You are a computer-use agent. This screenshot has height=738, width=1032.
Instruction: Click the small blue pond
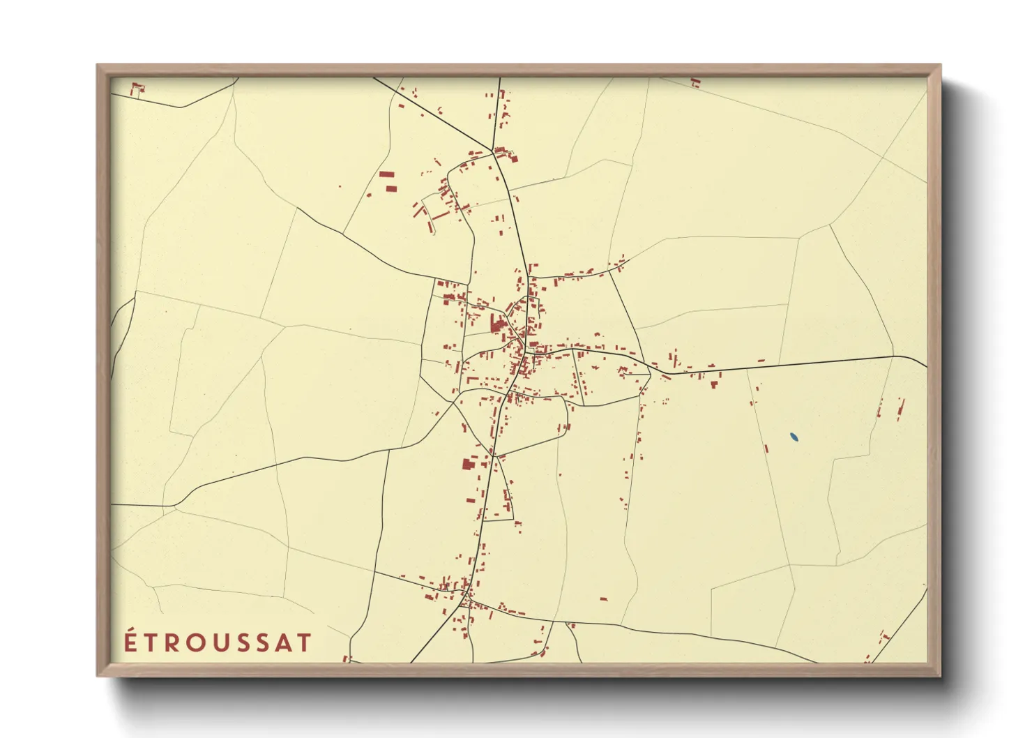(x=794, y=437)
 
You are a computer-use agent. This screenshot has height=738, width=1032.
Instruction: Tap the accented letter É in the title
(x=131, y=641)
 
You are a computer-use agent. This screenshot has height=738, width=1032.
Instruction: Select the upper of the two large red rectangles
(x=386, y=174)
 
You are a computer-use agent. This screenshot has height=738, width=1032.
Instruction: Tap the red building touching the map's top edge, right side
(x=695, y=82)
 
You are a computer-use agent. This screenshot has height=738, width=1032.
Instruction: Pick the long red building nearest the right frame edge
(x=902, y=407)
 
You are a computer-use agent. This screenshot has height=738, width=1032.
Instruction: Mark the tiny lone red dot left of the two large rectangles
(x=340, y=186)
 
